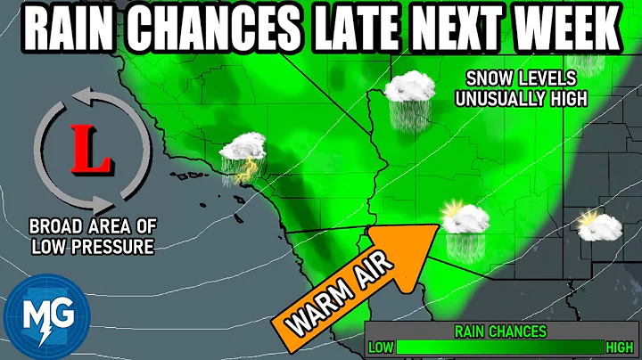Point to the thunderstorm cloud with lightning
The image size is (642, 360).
pos(243,158)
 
